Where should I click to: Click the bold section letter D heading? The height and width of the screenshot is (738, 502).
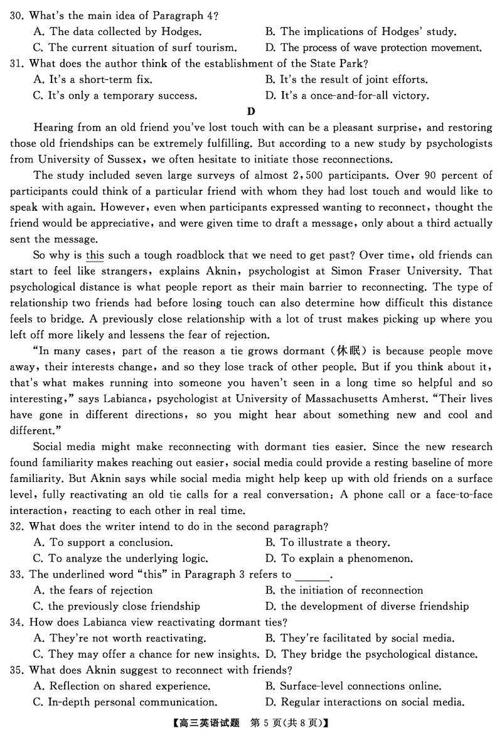click(251, 112)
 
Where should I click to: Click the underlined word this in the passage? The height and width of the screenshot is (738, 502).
click(95, 255)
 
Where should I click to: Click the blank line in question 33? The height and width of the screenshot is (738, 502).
click(311, 575)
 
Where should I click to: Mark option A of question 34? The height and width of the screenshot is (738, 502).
click(120, 638)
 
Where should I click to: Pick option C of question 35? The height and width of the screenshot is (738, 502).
click(125, 702)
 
